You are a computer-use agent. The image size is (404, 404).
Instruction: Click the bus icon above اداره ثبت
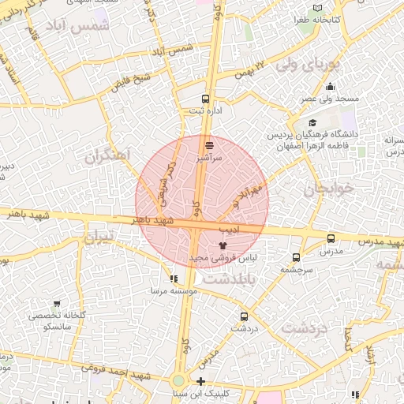(206, 99)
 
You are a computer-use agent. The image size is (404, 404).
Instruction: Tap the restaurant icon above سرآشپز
(209, 145)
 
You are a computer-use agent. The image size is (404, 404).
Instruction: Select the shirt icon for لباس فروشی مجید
(221, 245)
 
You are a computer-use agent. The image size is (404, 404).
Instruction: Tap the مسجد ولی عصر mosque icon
(330, 88)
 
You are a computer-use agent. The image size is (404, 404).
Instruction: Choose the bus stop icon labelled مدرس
(331, 238)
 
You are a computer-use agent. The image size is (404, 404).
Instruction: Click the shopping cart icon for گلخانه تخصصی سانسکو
(56, 303)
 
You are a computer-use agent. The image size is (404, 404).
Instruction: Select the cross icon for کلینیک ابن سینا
(200, 381)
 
